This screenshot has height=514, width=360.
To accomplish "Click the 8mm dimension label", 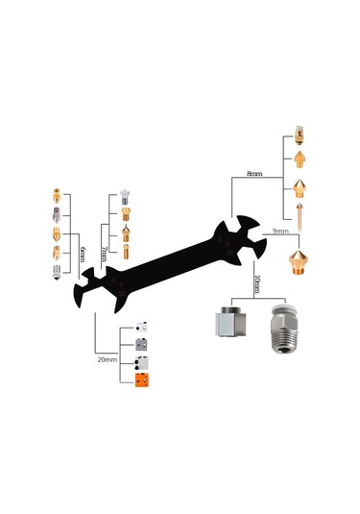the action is pos(254,173).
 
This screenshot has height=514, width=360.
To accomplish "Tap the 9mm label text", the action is pos(280,232).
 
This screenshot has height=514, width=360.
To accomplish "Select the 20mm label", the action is pos(108,359).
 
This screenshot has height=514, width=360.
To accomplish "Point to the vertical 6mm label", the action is pos(82,255).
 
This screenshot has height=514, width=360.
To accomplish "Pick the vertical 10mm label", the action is pos(257,284).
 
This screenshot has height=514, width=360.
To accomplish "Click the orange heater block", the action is pos(142,380).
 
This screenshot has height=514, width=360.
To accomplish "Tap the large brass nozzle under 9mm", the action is pos(299,262).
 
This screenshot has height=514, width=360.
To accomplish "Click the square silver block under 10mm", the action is pos(230,322).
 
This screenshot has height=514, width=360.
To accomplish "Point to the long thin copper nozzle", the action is pos(300,217).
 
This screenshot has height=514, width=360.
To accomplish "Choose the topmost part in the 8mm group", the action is pos(299,135).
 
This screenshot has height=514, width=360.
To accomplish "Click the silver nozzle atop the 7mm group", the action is pos(125,197).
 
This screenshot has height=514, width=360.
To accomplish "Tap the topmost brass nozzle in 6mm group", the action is pos(57,196).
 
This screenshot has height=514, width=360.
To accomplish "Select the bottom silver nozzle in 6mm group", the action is pos(57,273).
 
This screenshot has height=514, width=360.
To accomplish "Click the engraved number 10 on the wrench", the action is pos(229,253).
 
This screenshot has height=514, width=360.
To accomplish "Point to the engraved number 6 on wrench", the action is pos(113,281).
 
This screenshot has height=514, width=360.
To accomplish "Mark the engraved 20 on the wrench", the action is pos(122,293).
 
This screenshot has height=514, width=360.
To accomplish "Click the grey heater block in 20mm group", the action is pos(141,345).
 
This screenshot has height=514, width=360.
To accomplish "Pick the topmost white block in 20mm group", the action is pos(141,327).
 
